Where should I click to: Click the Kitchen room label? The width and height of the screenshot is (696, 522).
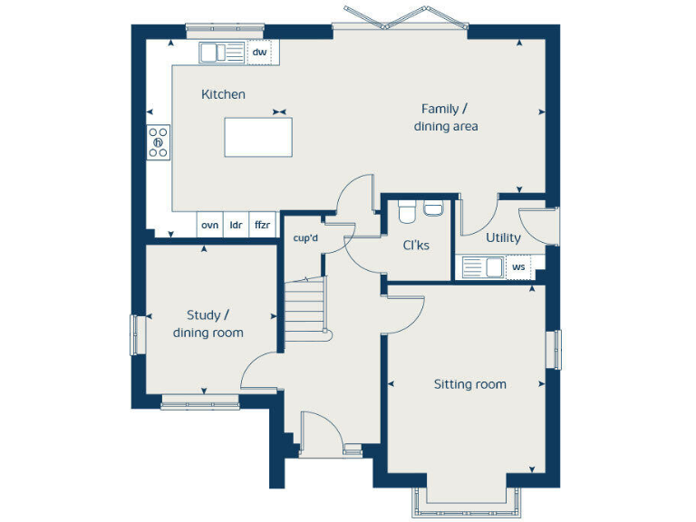(x=223, y=94)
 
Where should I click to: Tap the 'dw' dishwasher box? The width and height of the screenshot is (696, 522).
(x=260, y=53)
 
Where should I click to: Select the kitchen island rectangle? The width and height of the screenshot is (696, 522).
(x=258, y=137)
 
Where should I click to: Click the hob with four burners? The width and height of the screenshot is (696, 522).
(x=159, y=142)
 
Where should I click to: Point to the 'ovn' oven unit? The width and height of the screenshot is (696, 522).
(x=210, y=225)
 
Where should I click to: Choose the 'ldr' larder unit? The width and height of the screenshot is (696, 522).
(x=237, y=225)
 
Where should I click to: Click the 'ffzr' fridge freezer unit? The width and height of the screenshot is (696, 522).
(x=262, y=225)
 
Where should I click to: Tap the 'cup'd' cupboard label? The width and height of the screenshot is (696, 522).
(x=305, y=238)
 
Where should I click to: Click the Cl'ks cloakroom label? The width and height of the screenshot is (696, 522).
(x=416, y=246)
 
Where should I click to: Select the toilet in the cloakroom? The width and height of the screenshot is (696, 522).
(x=406, y=211)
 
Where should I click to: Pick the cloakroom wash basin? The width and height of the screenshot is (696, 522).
(x=433, y=208)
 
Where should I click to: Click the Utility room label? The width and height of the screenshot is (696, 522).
(x=503, y=238)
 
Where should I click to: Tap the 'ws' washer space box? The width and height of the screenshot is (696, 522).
(x=518, y=267)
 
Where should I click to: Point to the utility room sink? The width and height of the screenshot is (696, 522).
(x=483, y=267)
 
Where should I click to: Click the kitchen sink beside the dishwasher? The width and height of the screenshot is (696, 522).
(x=222, y=53)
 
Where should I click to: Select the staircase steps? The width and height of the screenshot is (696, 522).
(x=304, y=309)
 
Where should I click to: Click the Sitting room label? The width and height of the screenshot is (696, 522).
(x=470, y=384)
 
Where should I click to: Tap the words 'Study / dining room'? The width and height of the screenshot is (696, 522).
(x=208, y=324)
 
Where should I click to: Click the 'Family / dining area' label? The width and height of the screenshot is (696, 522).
(x=446, y=118)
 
